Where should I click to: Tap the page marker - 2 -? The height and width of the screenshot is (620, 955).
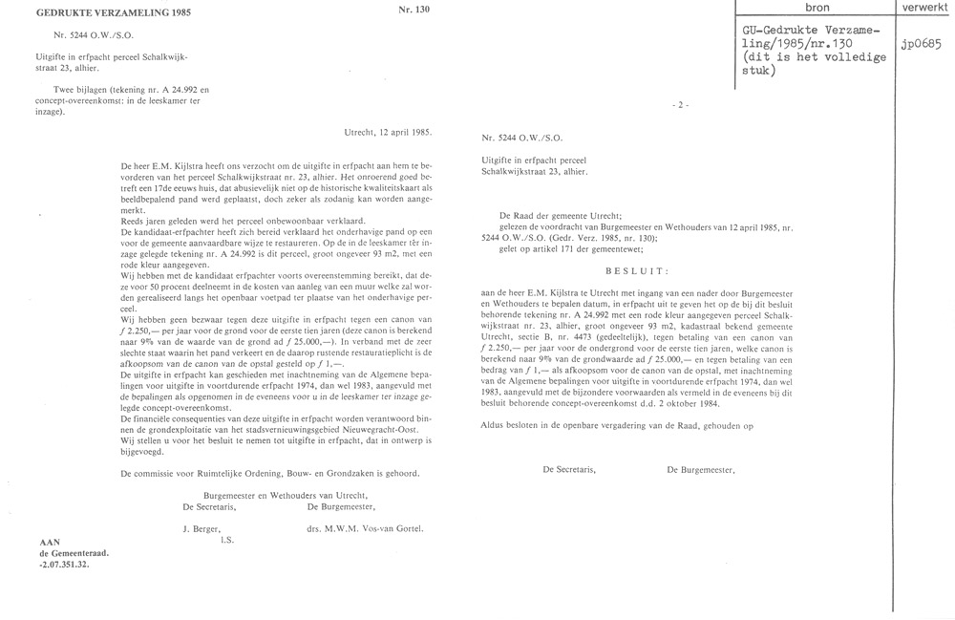point(681,102)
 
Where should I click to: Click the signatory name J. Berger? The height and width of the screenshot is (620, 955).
point(202,528)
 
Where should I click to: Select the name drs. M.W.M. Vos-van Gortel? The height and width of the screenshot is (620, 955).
point(365,528)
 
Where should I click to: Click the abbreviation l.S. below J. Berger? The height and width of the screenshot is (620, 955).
point(226,540)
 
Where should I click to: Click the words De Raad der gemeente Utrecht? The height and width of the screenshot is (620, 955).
point(558,218)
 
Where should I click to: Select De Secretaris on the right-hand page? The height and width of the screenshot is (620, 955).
point(570,469)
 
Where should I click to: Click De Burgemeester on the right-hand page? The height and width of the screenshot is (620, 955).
point(701,469)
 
